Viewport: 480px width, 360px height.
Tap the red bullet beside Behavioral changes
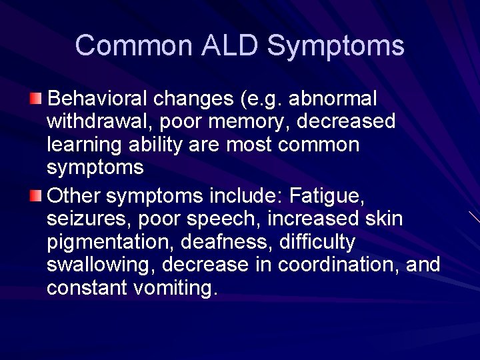pos(35,99)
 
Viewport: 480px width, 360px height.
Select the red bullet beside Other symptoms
pos(35,196)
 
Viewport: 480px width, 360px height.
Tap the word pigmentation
pos(105,241)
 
